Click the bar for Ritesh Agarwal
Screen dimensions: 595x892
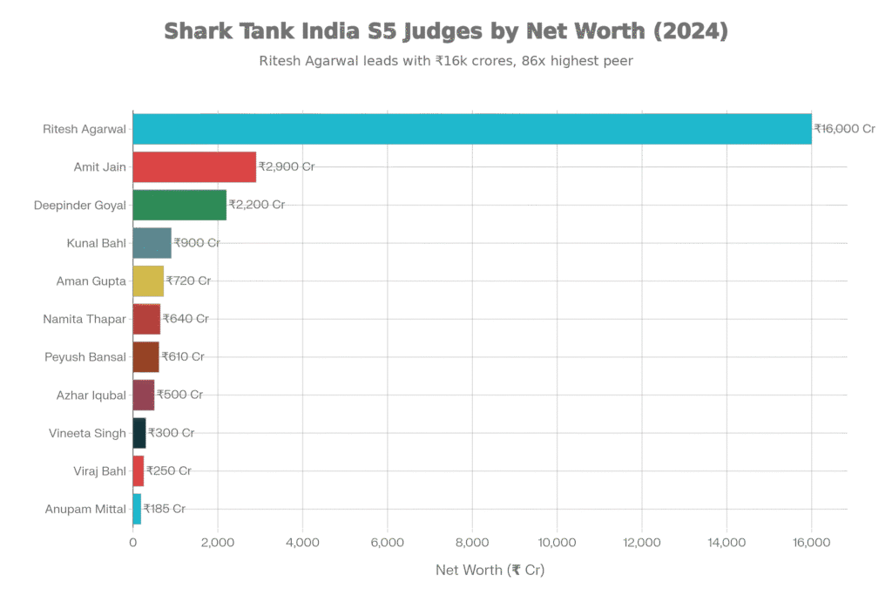[x=471, y=129]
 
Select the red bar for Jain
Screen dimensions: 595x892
[x=194, y=166]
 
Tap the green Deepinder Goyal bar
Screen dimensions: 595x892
[x=179, y=205]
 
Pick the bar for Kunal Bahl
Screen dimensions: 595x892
[x=152, y=243]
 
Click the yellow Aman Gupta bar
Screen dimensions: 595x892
[x=148, y=281]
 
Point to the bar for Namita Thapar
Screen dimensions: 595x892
[x=146, y=319]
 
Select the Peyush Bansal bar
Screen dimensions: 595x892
[x=146, y=356]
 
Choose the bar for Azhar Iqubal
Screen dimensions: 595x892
[x=144, y=395]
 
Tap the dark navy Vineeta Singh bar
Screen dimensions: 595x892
[x=139, y=432]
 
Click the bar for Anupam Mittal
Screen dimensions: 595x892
[x=137, y=509]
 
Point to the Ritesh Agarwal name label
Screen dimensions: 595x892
[x=85, y=129]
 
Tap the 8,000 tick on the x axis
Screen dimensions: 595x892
[x=472, y=544]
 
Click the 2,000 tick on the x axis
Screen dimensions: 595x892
[x=218, y=544]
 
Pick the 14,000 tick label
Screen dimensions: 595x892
[x=726, y=544]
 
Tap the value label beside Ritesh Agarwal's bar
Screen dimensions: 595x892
[x=843, y=129]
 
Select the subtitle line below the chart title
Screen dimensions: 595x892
[x=446, y=61]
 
